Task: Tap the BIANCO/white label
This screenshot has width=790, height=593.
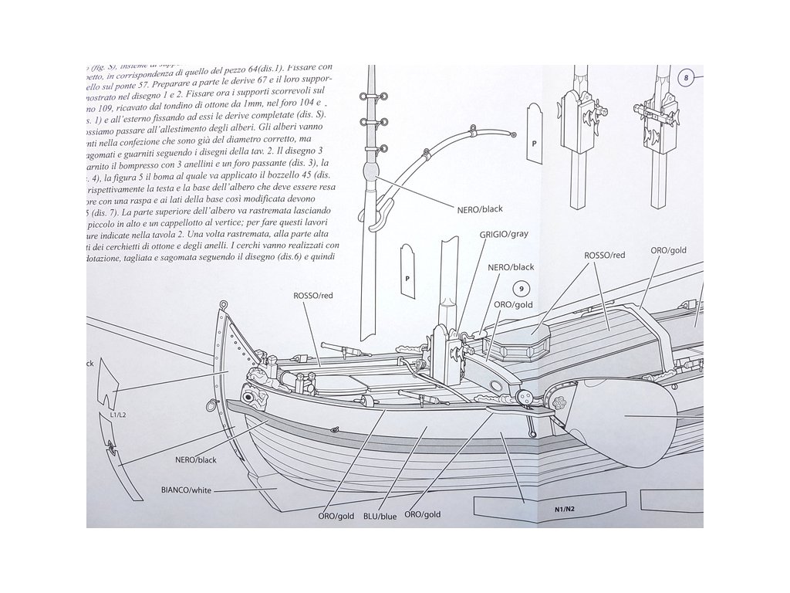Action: [185, 490]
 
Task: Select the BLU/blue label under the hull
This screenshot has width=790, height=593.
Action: [380, 516]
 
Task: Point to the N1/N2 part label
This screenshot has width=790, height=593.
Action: [566, 509]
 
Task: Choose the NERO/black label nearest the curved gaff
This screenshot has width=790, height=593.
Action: [480, 208]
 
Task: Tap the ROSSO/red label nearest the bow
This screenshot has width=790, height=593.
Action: [312, 295]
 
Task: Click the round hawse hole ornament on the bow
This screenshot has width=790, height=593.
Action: [248, 397]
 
